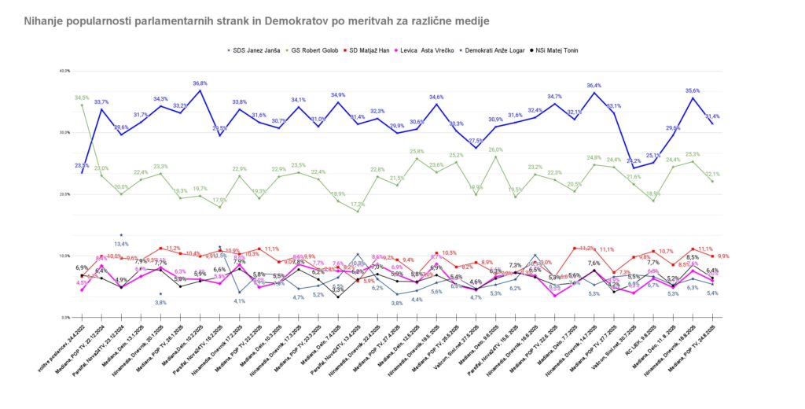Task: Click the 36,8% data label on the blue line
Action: (x=200, y=83)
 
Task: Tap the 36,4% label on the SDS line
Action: (x=594, y=85)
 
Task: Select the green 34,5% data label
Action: (x=82, y=98)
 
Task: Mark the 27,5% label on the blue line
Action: (x=476, y=141)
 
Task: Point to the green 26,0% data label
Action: (x=495, y=149)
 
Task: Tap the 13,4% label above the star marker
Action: (x=121, y=244)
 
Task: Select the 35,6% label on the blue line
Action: (x=693, y=90)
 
